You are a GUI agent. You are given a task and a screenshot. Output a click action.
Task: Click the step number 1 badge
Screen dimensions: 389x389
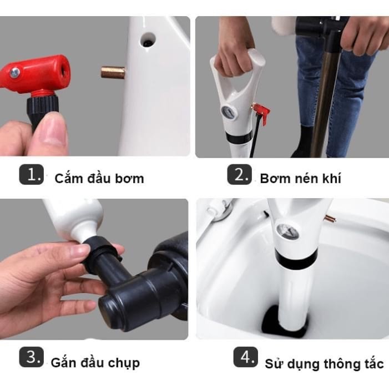pyautogui.click(x=32, y=174)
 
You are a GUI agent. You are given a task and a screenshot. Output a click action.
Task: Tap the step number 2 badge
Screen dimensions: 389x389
pyautogui.click(x=239, y=174)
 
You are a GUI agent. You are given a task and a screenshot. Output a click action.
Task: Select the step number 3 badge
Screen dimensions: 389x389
pyautogui.click(x=32, y=357)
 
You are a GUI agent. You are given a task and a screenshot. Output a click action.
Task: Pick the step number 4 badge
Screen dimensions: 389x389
pyautogui.click(x=246, y=357)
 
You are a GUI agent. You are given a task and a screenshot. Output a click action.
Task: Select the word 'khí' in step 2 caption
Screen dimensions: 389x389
pyautogui.click(x=332, y=178)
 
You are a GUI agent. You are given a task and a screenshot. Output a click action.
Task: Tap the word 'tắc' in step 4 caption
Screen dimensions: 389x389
pyautogui.click(x=374, y=363)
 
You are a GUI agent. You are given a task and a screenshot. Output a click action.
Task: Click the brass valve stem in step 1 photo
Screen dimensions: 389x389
pyautogui.click(x=113, y=72)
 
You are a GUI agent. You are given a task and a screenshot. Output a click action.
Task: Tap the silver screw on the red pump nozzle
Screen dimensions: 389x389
pyautogui.click(x=14, y=73)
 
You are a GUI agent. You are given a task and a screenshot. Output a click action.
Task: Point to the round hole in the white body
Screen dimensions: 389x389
pyautogui.click(x=148, y=41)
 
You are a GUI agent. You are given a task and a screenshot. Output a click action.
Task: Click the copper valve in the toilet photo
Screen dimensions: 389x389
pyautogui.click(x=330, y=219)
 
